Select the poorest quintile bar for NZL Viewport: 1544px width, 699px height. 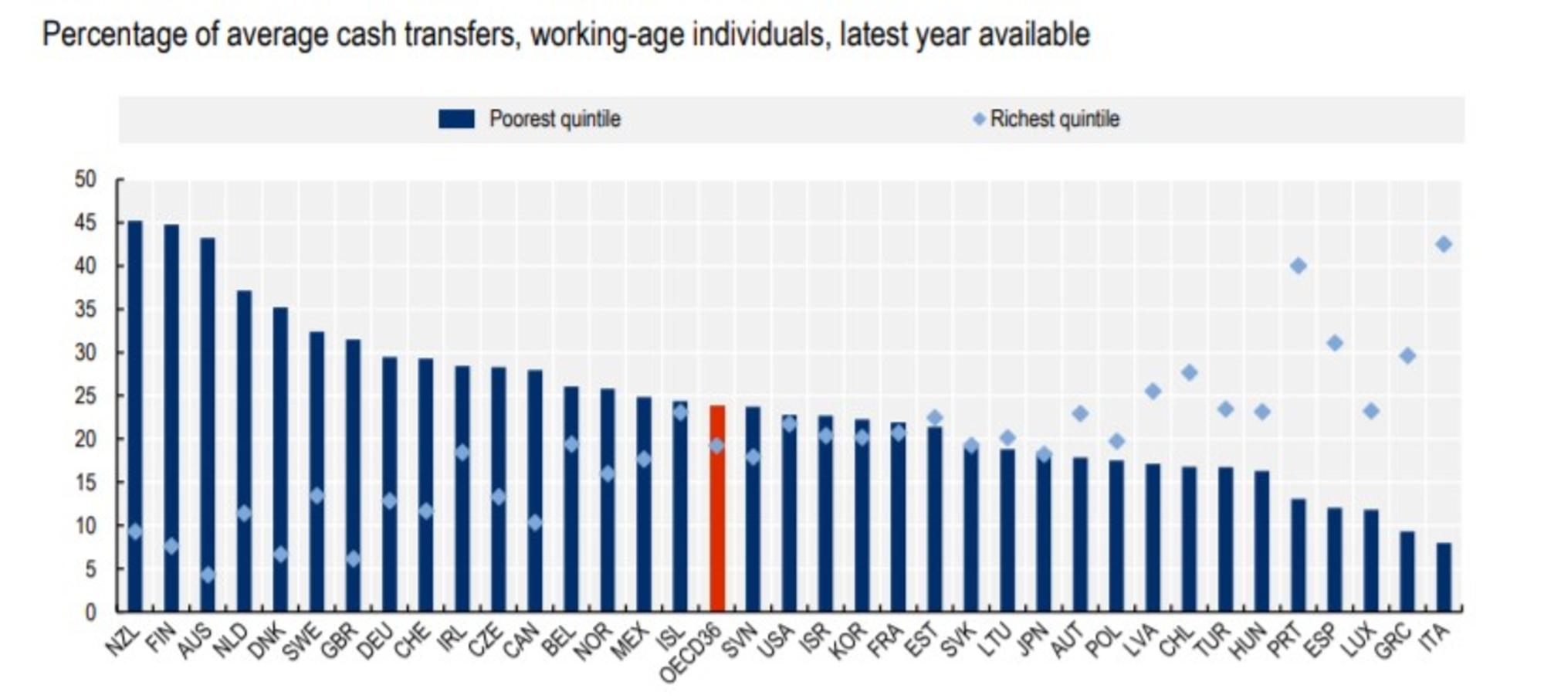coord(135,417)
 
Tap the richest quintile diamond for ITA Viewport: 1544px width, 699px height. coord(1443,244)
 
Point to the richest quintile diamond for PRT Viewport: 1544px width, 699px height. coord(1298,266)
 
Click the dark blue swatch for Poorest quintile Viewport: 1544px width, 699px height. coord(456,119)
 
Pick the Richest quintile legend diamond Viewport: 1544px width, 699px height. coord(978,119)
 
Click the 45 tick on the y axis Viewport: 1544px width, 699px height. coord(86,223)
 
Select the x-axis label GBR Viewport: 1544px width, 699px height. coord(340,641)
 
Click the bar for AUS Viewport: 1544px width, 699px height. coord(208,425)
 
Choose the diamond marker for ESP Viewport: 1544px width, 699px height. coord(1334,343)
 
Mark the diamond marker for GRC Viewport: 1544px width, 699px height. coord(1407,355)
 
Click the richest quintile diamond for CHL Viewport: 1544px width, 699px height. coord(1189,372)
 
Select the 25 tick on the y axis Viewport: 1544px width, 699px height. coord(86,396)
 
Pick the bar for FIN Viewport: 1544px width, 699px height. coord(171,417)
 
